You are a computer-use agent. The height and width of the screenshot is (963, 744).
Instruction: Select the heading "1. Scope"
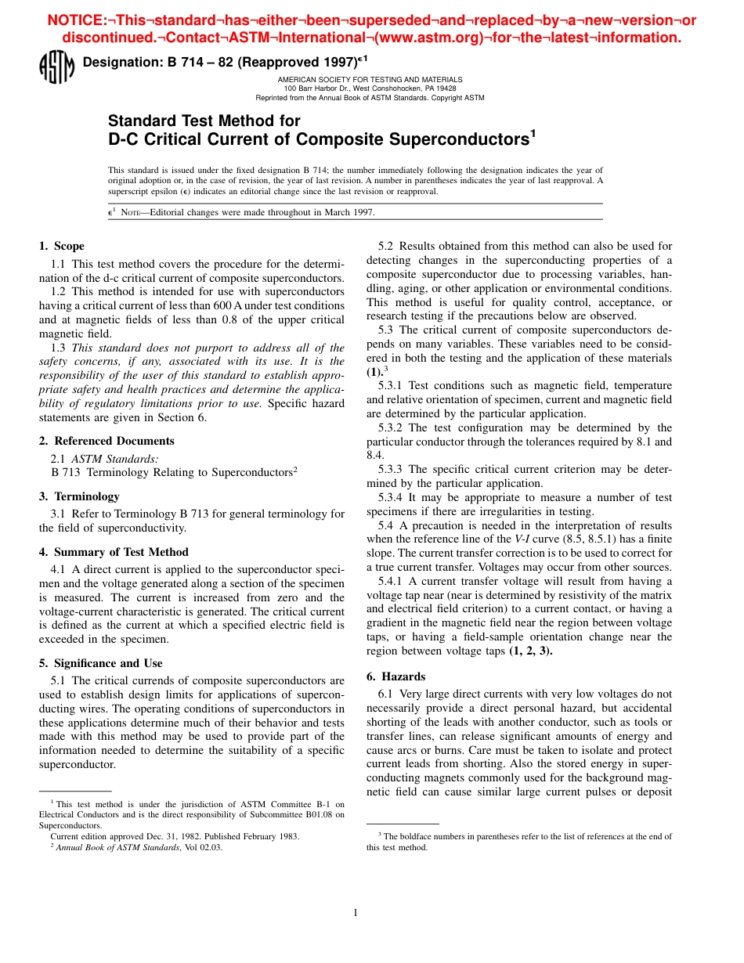coord(62,246)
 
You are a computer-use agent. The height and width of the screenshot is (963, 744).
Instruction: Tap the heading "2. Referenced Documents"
coord(107,441)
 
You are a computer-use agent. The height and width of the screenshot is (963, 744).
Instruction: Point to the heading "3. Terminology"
coord(79,496)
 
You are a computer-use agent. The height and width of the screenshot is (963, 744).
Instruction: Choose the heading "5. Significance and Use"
coord(101,663)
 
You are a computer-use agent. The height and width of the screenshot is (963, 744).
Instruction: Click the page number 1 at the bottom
coord(356,911)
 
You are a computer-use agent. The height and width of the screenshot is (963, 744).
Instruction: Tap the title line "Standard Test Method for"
coord(204,121)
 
